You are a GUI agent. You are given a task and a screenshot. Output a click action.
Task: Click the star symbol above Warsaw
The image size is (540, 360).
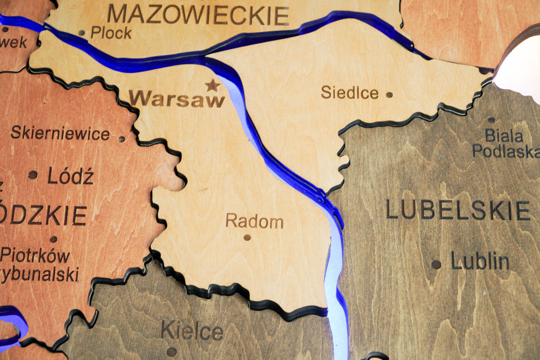pyautogui.click(x=213, y=85)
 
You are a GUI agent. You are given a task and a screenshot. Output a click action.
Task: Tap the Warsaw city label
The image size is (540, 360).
pyautogui.click(x=177, y=99)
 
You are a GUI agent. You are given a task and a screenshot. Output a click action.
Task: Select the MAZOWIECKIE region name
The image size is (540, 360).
pyautogui.click(x=198, y=15)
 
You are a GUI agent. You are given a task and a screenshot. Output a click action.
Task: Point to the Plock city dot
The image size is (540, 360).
pyautogui.click(x=82, y=33)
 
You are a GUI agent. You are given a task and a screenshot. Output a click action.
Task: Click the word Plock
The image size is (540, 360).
pyautogui.click(x=111, y=33)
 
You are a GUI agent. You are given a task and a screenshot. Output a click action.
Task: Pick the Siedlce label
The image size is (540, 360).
pyautogui.click(x=350, y=93)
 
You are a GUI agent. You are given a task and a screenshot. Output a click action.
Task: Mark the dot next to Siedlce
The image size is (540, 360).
pyautogui.click(x=389, y=95)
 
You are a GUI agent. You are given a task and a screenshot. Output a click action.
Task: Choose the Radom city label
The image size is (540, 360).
pyautogui.click(x=254, y=221)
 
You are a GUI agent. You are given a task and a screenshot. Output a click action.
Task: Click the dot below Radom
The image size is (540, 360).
pyautogui.click(x=247, y=237)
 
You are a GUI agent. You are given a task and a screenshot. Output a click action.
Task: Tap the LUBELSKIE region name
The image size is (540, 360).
pyautogui.click(x=458, y=210)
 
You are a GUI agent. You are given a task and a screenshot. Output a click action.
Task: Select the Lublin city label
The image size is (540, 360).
pyautogui.click(x=480, y=261)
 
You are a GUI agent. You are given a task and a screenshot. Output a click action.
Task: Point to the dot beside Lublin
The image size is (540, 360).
pyautogui.click(x=436, y=264)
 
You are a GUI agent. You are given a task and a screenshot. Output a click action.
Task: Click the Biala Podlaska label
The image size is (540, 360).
pyautogui.click(x=505, y=143)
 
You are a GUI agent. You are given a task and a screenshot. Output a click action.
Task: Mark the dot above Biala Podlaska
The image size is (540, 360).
pyautogui.click(x=491, y=120)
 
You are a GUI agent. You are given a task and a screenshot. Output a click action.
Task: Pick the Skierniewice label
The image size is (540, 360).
pyautogui.click(x=60, y=133)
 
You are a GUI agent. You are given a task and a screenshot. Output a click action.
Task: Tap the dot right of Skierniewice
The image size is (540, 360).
pyautogui.click(x=122, y=139)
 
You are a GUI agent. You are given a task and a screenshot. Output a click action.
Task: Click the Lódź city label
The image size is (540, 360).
pyautogui.click(x=70, y=176)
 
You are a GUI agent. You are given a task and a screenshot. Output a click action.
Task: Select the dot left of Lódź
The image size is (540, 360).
pyautogui.click(x=33, y=174)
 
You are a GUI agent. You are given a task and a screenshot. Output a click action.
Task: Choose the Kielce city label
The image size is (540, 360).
pyautogui.click(x=192, y=331)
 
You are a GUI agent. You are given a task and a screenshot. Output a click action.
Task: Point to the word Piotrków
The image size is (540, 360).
pyautogui.click(x=35, y=256)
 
